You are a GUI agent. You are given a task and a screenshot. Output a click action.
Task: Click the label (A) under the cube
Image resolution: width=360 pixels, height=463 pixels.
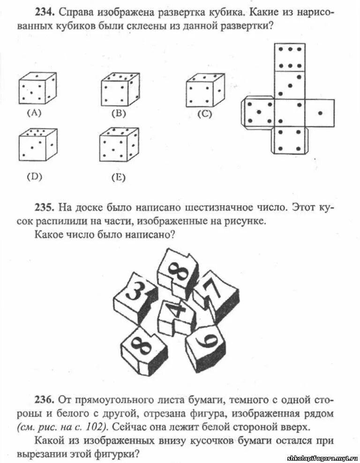click(34, 112)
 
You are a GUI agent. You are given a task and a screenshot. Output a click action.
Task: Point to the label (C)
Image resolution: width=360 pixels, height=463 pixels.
click(204, 114)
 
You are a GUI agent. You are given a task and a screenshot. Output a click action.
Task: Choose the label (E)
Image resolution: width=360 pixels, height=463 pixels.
click(118, 177)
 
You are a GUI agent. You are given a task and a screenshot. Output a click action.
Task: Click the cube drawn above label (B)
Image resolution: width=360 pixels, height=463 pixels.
click(120, 90)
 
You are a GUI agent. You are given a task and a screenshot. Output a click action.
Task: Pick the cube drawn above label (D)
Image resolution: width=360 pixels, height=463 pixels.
click(37, 146)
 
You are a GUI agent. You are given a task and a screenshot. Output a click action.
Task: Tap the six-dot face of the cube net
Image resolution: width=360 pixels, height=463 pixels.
click(290, 57)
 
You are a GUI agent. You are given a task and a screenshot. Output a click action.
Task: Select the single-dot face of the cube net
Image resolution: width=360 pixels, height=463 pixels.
click(320, 113)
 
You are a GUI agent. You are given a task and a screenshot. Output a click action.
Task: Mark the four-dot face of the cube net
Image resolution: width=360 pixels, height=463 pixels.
click(290, 140)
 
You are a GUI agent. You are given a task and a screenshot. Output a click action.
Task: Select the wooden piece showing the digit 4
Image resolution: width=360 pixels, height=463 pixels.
click(178, 317)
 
